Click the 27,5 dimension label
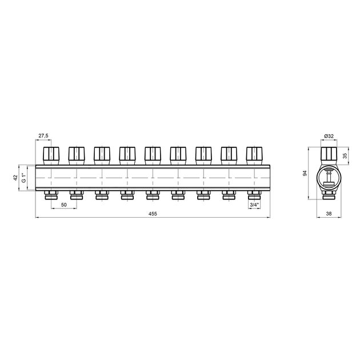click(x=43, y=135)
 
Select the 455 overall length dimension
click(x=153, y=214)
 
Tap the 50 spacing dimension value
click(x=64, y=205)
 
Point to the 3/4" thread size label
click(x=254, y=205)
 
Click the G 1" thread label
click(x=23, y=178)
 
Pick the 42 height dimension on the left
click(x=15, y=178)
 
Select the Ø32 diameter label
click(x=329, y=136)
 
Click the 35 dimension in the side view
click(x=345, y=156)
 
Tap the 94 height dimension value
click(x=305, y=173)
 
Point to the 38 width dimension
click(x=329, y=214)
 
